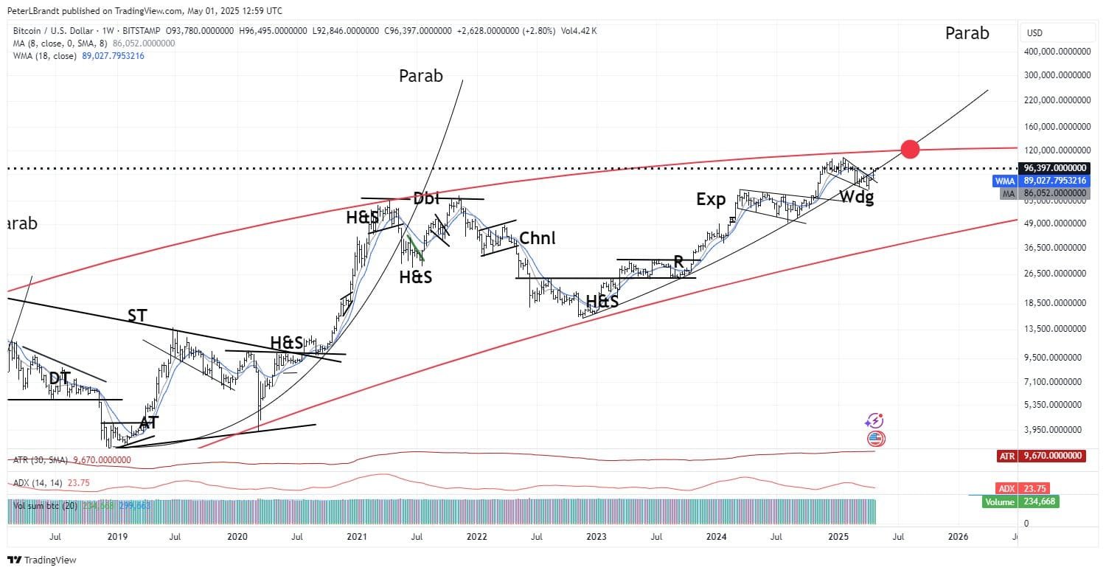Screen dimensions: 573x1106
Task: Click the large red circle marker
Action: [910, 149]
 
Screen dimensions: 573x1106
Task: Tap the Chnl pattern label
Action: [537, 238]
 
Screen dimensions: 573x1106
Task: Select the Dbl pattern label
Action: [426, 198]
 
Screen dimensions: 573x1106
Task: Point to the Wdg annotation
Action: [855, 198]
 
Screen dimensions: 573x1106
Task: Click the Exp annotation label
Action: [711, 199]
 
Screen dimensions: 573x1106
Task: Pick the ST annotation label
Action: [137, 316]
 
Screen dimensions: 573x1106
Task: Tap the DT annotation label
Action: [60, 378]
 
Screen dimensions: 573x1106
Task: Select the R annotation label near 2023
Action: [678, 262]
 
